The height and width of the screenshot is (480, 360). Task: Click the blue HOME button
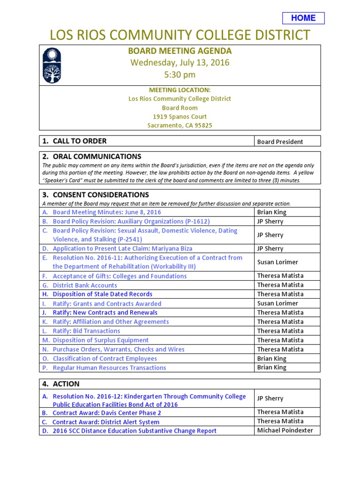coord(303,18)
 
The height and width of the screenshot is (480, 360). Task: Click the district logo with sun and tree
coord(52,65)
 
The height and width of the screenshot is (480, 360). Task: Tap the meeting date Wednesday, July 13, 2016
coord(180,62)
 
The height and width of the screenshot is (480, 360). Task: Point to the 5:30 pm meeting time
coord(180,75)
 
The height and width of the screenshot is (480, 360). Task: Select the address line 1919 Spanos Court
coord(180,117)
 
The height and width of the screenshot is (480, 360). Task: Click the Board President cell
coord(280,142)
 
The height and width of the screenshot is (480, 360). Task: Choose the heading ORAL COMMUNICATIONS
coord(97,157)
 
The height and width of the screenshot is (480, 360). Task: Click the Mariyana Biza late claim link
coord(122,248)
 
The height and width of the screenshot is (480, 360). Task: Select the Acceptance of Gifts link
coord(120,276)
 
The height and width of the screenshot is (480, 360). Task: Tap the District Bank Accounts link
coord(85,285)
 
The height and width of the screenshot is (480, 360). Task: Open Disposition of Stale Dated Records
coord(102,294)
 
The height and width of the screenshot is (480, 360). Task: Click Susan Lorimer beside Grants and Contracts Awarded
coord(277,303)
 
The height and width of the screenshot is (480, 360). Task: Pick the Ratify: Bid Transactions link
coord(86,331)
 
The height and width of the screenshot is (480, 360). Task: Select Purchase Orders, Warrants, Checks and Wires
coord(119,349)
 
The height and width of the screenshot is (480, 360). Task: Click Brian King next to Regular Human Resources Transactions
coord(272,367)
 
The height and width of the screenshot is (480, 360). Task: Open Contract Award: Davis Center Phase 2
coord(107,413)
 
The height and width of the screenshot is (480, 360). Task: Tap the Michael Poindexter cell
coord(285,430)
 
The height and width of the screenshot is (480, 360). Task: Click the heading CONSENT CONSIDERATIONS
coord(101,195)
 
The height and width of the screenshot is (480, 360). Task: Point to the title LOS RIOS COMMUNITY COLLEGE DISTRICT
coord(180,35)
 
